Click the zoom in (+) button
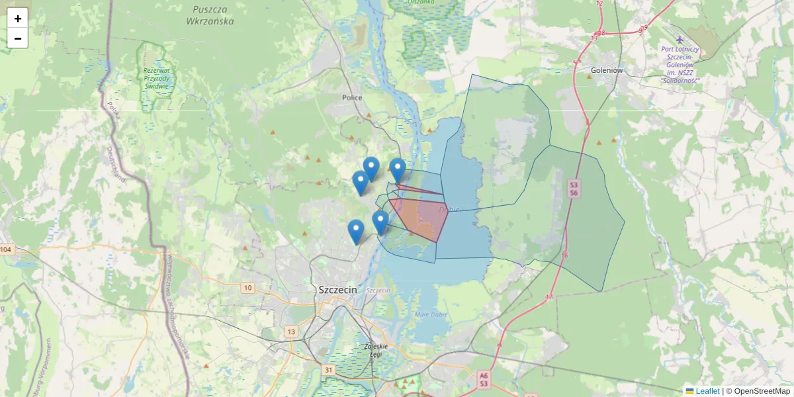[x=18, y=19]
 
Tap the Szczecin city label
[x=337, y=290]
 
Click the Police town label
[x=352, y=97]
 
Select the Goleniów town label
[x=607, y=70]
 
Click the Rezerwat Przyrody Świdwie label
[x=156, y=77]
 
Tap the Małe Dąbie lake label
[x=431, y=314]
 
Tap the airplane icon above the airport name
[x=680, y=39]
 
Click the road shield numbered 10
[x=247, y=287]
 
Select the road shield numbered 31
[x=328, y=369]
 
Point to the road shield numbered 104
[x=7, y=249]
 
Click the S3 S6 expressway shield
[x=574, y=189]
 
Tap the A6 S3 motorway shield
[x=484, y=379]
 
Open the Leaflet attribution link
[x=707, y=391]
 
